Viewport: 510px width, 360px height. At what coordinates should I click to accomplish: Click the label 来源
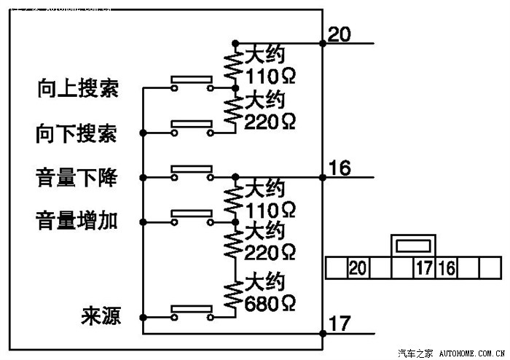tap(101, 317)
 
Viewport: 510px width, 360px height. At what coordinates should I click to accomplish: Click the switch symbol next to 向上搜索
tap(192, 85)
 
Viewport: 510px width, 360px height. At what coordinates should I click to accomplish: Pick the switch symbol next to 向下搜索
tap(192, 129)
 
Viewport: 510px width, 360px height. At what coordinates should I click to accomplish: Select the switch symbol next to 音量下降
tap(192, 173)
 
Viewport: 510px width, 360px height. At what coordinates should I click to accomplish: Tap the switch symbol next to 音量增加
tap(192, 216)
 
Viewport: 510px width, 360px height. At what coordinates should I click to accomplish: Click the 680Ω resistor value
tap(270, 302)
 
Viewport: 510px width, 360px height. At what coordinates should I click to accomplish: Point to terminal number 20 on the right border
tap(340, 34)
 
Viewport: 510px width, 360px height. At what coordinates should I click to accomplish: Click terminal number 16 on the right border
tap(340, 168)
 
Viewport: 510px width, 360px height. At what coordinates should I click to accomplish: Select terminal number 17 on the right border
tap(340, 324)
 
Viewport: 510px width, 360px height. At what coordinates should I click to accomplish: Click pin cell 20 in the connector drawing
tap(357, 268)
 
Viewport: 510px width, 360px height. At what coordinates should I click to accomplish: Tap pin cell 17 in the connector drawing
tap(424, 268)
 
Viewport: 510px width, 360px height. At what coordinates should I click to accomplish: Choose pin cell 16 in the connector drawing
tap(446, 268)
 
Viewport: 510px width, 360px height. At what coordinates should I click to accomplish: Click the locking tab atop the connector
tap(413, 245)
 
